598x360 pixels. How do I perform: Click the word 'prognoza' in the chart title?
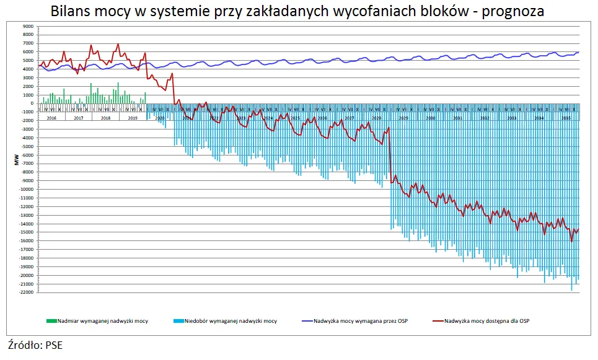[x=511, y=11]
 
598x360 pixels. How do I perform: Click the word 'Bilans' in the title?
[x=70, y=11]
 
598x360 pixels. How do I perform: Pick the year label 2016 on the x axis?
[x=52, y=117]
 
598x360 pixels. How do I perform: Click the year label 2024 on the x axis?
[x=268, y=117]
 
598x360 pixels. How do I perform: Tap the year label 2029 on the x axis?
[x=403, y=117]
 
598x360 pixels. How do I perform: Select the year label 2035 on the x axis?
[x=565, y=117]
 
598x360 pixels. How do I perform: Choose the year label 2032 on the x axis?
[x=484, y=117]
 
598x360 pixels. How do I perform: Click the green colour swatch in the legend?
[x=51, y=320]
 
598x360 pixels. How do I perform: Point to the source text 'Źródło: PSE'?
[x=35, y=345]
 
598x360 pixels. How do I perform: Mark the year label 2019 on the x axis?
[x=133, y=117]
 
